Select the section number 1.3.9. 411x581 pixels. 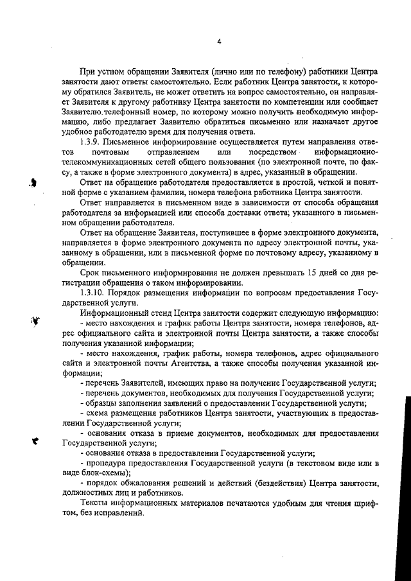coord(92,141)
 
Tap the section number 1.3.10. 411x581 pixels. coord(95,294)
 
